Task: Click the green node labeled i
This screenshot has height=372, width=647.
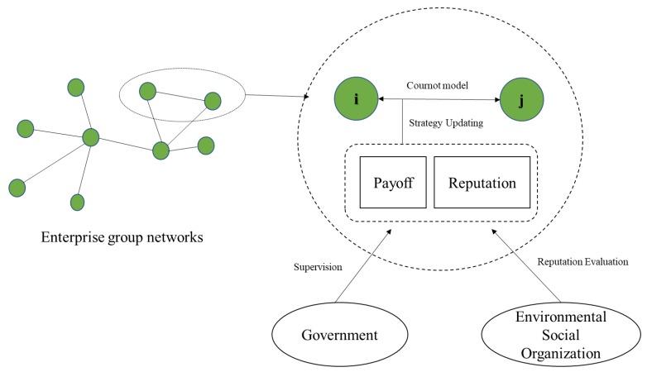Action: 356,98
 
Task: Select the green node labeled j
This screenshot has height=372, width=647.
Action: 521,99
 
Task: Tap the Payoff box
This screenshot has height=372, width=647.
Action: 393,183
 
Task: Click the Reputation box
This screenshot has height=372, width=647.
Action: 482,183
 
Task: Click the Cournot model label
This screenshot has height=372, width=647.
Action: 438,85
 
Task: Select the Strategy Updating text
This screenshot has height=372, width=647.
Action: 446,123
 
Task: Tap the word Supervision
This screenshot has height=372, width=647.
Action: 318,267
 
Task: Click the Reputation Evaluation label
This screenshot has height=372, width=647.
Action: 582,261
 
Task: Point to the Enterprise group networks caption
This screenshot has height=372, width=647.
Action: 122,237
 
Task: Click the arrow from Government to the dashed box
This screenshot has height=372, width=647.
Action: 363,266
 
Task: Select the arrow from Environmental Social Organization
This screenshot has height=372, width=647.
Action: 525,265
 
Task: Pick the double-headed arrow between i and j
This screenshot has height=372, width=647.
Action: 439,99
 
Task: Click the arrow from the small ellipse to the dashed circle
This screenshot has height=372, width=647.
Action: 277,96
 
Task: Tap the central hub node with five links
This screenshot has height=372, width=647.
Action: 91,137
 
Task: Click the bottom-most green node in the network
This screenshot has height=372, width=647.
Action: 77,202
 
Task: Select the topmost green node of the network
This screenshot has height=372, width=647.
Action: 76,88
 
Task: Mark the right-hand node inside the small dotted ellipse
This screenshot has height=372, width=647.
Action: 213,101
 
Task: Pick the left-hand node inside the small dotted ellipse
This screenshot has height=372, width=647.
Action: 148,91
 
